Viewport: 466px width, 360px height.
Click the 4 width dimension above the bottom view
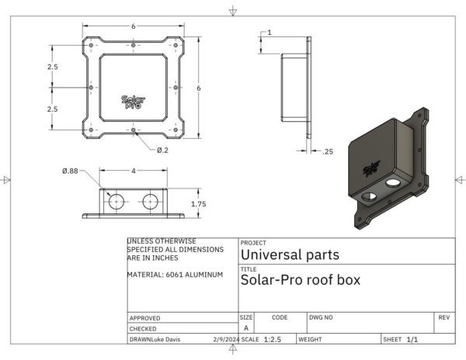coord(133,170)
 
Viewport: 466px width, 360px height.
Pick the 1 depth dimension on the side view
coord(269,33)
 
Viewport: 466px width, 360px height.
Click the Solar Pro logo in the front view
coord(133,101)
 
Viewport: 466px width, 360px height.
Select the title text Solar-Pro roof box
coord(301,280)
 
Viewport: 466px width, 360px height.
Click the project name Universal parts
coord(290,254)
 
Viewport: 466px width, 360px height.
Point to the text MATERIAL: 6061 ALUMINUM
coord(175,275)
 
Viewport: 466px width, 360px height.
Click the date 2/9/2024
coord(225,340)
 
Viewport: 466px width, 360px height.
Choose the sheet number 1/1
coord(412,340)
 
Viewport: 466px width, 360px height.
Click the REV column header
coord(443,317)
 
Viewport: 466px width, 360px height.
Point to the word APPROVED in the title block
coord(144,318)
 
